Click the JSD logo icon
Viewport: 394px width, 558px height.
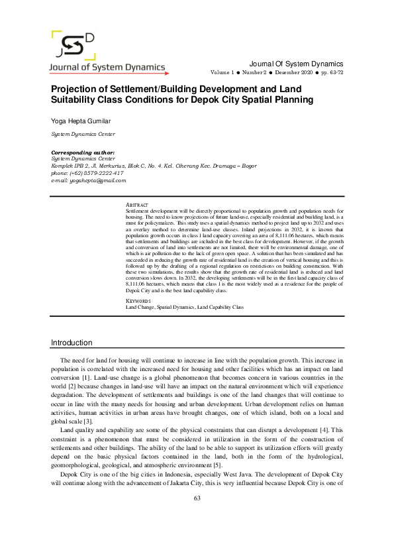pos(73,46)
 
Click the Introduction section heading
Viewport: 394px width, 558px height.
pos(72,342)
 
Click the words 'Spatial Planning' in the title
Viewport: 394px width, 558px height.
pos(293,100)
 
